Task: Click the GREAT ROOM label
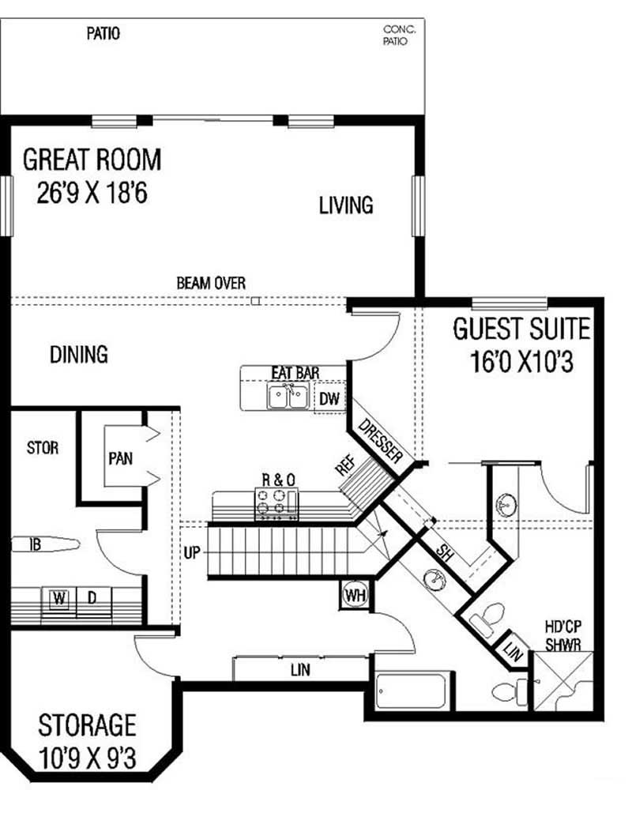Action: pos(92,160)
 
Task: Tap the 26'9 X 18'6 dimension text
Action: pos(92,194)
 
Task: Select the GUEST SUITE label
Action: pos(521,329)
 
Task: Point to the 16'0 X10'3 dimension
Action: pos(521,363)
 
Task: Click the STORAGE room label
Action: pos(87,724)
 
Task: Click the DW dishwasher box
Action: pos(329,399)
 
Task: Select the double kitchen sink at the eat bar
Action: pos(288,397)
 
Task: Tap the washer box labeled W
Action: pos(58,598)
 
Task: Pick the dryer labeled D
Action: pos(91,598)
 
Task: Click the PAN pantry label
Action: pos(120,458)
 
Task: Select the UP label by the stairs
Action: pos(192,552)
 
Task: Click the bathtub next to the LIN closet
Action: pos(412,691)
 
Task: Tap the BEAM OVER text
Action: pos(210,282)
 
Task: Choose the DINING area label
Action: pos(79,354)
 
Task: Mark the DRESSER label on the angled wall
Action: pos(381,442)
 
